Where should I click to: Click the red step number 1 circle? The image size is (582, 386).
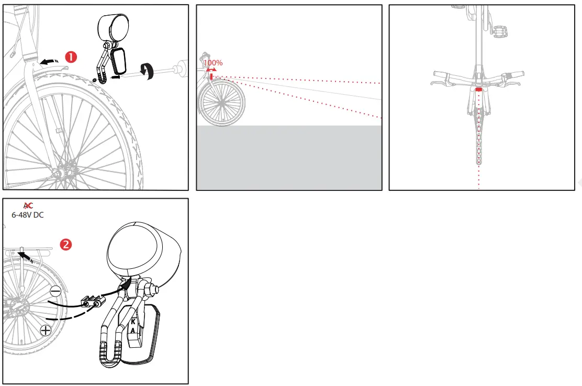coord(71,56)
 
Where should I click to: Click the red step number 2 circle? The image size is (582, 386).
coord(66,244)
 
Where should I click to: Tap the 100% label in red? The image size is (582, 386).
coord(213,63)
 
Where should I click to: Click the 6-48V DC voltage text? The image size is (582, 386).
coord(28,214)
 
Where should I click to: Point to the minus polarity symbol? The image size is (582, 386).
coord(55,291)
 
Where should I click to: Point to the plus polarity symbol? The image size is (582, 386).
coord(46,330)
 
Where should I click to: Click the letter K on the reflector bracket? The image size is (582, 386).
coord(133,322)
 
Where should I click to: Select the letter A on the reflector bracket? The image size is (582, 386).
coord(133,331)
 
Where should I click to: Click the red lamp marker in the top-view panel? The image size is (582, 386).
coord(478,89)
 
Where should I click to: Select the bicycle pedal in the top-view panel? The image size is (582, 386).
coord(500,31)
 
